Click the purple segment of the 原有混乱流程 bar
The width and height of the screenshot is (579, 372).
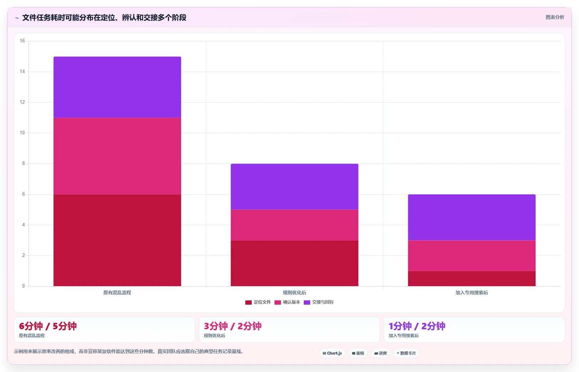click(x=117, y=87)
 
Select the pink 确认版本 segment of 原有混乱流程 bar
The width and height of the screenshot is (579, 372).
click(x=117, y=156)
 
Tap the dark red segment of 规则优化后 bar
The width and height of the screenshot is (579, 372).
click(x=294, y=263)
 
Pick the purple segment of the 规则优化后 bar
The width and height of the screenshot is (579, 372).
click(x=294, y=186)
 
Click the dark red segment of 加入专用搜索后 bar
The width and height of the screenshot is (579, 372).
click(x=472, y=279)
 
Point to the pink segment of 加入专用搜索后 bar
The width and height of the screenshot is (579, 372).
click(x=472, y=256)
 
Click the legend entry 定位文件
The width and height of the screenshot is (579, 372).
click(x=258, y=302)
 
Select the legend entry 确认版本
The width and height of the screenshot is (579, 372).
click(x=287, y=302)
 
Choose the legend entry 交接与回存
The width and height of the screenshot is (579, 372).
click(x=318, y=302)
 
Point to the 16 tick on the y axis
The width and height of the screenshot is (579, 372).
click(x=22, y=41)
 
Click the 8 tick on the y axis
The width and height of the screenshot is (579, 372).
click(x=24, y=164)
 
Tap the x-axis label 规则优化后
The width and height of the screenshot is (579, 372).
click(x=294, y=293)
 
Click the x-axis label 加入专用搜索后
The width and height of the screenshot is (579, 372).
click(x=472, y=293)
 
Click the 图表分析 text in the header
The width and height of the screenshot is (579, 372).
click(x=555, y=17)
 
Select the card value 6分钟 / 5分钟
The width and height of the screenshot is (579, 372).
click(x=48, y=326)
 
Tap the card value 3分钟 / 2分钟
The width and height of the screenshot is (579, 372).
click(x=232, y=326)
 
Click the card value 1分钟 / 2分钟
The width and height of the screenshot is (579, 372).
click(x=417, y=326)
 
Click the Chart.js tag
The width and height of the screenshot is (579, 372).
click(x=332, y=353)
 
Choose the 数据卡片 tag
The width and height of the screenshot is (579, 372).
click(x=406, y=353)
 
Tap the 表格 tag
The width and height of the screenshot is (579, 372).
click(x=358, y=353)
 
